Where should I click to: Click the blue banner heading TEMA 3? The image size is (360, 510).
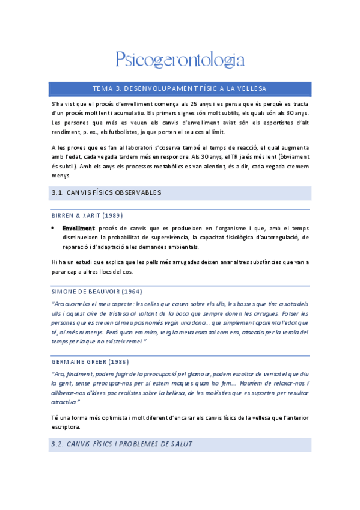(x=180, y=88)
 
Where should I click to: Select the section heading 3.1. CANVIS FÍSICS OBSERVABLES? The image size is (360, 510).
(x=105, y=193)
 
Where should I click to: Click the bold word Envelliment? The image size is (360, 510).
(x=79, y=228)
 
